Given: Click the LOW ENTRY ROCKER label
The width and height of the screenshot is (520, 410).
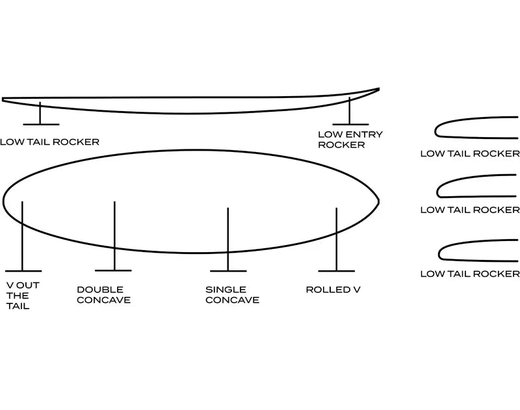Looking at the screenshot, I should click(x=350, y=140).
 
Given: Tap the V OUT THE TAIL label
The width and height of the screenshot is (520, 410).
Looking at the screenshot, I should click(x=18, y=296).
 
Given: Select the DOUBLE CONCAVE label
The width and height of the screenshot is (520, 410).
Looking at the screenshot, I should click(x=103, y=295).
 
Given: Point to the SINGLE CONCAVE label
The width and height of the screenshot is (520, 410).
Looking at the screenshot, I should click(x=232, y=295).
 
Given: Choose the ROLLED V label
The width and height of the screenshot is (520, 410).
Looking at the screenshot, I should click(x=333, y=290).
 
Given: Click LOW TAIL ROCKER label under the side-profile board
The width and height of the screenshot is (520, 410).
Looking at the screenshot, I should click(x=49, y=142).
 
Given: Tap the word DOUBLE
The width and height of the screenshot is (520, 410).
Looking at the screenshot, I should click(x=100, y=290).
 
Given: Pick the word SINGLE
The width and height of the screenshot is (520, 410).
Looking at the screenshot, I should click(x=226, y=290).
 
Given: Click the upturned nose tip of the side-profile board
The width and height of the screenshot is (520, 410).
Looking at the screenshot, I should click(x=377, y=90).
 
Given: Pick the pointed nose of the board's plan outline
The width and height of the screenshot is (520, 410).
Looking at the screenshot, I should click(x=378, y=201).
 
